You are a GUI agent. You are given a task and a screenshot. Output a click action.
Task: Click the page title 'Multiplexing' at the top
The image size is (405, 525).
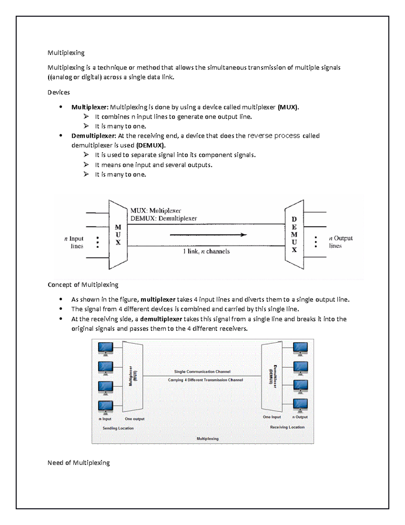66,53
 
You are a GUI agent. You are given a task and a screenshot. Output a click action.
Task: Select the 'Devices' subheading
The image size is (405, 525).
59,92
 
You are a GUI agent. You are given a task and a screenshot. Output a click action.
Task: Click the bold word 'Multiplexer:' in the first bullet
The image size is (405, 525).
90,107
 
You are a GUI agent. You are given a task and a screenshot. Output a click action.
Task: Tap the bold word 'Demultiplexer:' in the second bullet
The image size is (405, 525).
93,136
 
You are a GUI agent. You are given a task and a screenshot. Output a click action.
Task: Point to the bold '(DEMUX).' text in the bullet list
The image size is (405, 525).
151,145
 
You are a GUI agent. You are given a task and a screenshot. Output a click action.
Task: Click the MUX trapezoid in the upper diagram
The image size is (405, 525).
118,235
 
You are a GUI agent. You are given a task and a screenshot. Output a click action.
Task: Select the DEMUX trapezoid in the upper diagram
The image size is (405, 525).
294,235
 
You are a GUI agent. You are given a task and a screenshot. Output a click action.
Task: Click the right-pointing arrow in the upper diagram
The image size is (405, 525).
208,235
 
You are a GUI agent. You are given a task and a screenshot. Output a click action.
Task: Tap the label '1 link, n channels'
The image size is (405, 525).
206,251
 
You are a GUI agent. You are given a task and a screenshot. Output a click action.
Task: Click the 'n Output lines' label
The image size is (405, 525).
340,242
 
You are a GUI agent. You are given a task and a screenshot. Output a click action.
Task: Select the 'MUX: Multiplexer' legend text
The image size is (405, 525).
156,210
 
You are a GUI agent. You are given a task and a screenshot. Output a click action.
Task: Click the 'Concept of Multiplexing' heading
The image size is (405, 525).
83,285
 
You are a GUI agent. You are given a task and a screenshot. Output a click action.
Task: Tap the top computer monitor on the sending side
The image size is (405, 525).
105,349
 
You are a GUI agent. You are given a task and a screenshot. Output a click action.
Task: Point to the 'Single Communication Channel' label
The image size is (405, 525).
202,372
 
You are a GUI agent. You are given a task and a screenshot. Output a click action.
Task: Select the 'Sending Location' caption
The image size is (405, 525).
118,428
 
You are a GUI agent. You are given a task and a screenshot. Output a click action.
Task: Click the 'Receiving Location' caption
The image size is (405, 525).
287,427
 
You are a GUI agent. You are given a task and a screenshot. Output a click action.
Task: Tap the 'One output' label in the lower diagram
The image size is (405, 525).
134,419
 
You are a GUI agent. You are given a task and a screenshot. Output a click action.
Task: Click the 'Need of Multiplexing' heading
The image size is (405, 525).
79,462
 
